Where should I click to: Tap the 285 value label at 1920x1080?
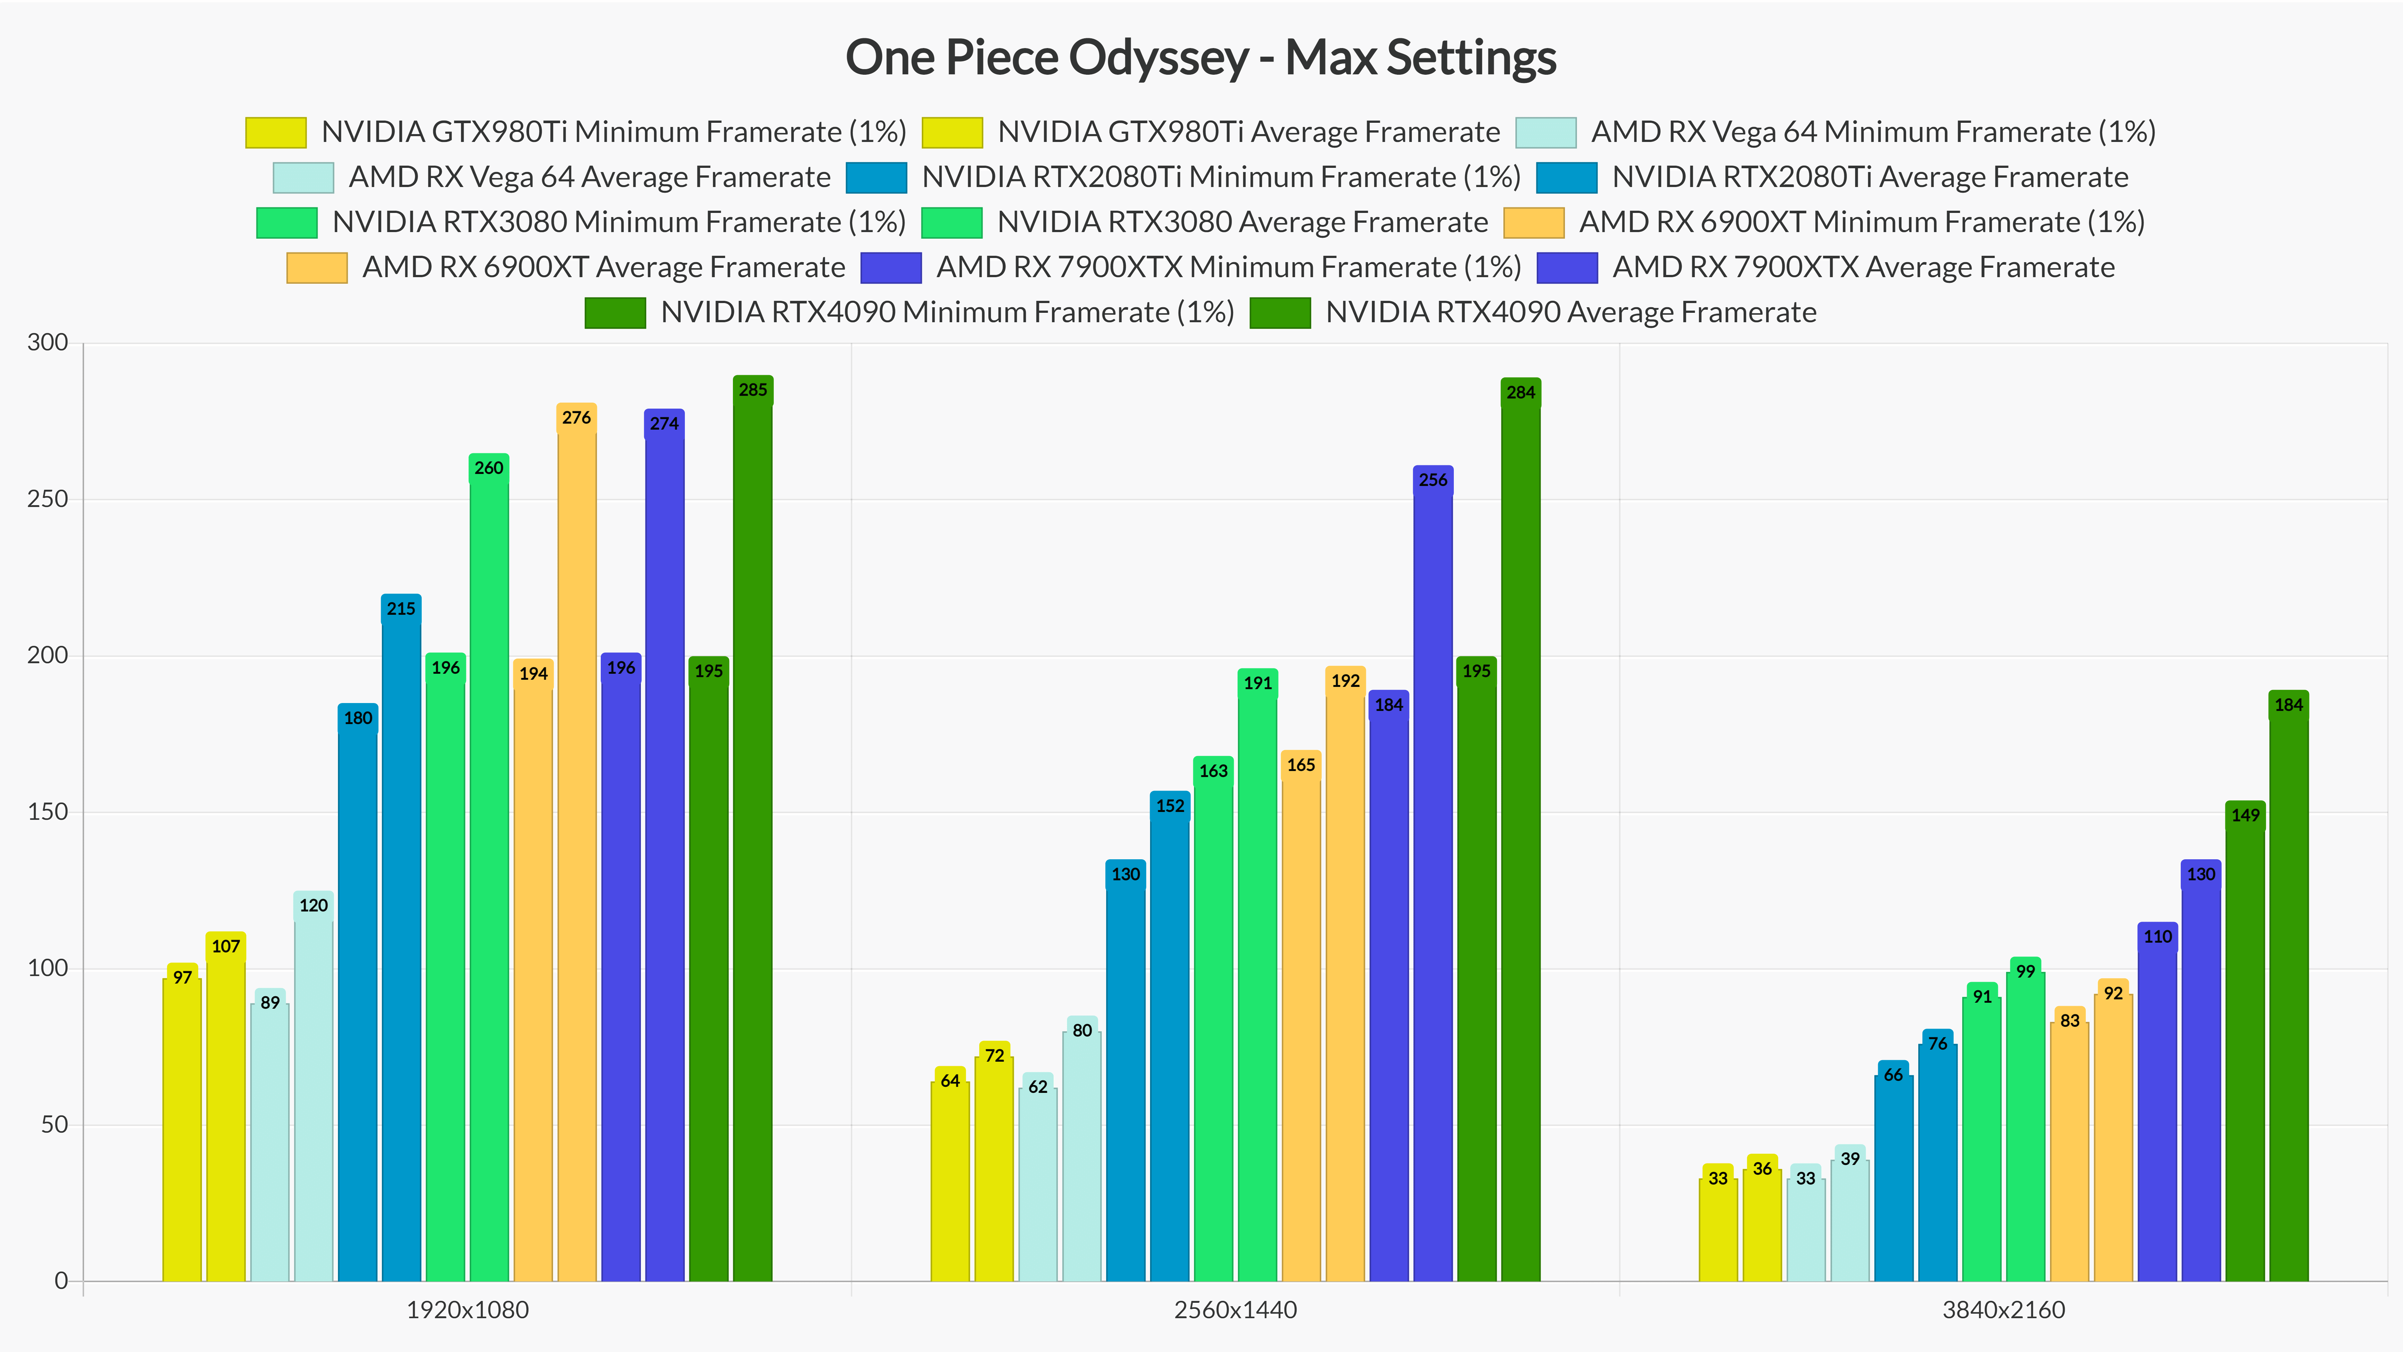753,390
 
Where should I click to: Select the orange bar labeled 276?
576,840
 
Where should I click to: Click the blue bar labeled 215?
401,933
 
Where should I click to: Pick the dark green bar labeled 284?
1521,840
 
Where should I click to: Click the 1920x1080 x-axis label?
467,1310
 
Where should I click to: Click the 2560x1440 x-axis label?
1235,1310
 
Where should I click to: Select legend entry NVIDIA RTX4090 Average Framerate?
1570,312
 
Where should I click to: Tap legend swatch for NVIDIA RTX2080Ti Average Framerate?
1566,177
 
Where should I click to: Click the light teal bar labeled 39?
1850,1222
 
